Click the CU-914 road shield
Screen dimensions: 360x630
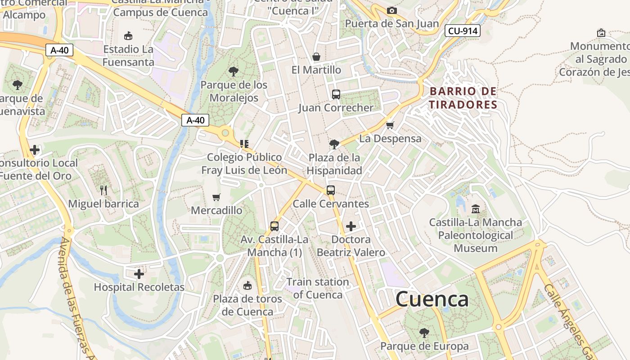tap(463, 31)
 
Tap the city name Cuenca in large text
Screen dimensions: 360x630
tap(432, 299)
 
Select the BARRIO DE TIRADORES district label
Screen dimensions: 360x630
tap(463, 98)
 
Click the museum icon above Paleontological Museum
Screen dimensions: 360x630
tap(476, 209)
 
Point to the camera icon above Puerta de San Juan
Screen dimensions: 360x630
tap(392, 10)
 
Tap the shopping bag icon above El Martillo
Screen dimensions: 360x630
tap(316, 57)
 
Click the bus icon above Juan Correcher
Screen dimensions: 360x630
tap(336, 94)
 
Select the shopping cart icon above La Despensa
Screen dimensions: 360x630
tap(390, 125)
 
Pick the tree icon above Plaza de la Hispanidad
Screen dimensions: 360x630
tap(334, 144)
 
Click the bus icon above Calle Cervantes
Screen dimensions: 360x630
tap(331, 190)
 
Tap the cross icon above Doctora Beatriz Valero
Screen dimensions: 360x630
tap(351, 226)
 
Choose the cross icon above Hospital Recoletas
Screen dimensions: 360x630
tap(139, 274)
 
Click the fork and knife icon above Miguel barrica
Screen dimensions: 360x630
tap(103, 190)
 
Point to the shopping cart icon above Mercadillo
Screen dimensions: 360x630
tap(216, 197)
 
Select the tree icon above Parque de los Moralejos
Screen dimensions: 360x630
tap(233, 71)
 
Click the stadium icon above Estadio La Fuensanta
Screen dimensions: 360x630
tap(128, 36)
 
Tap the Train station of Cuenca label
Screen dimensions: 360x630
tap(318, 288)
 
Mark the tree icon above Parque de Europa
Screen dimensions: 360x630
tap(424, 333)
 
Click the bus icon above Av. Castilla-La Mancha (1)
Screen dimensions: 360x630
tap(274, 226)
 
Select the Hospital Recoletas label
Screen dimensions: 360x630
tap(139, 287)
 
